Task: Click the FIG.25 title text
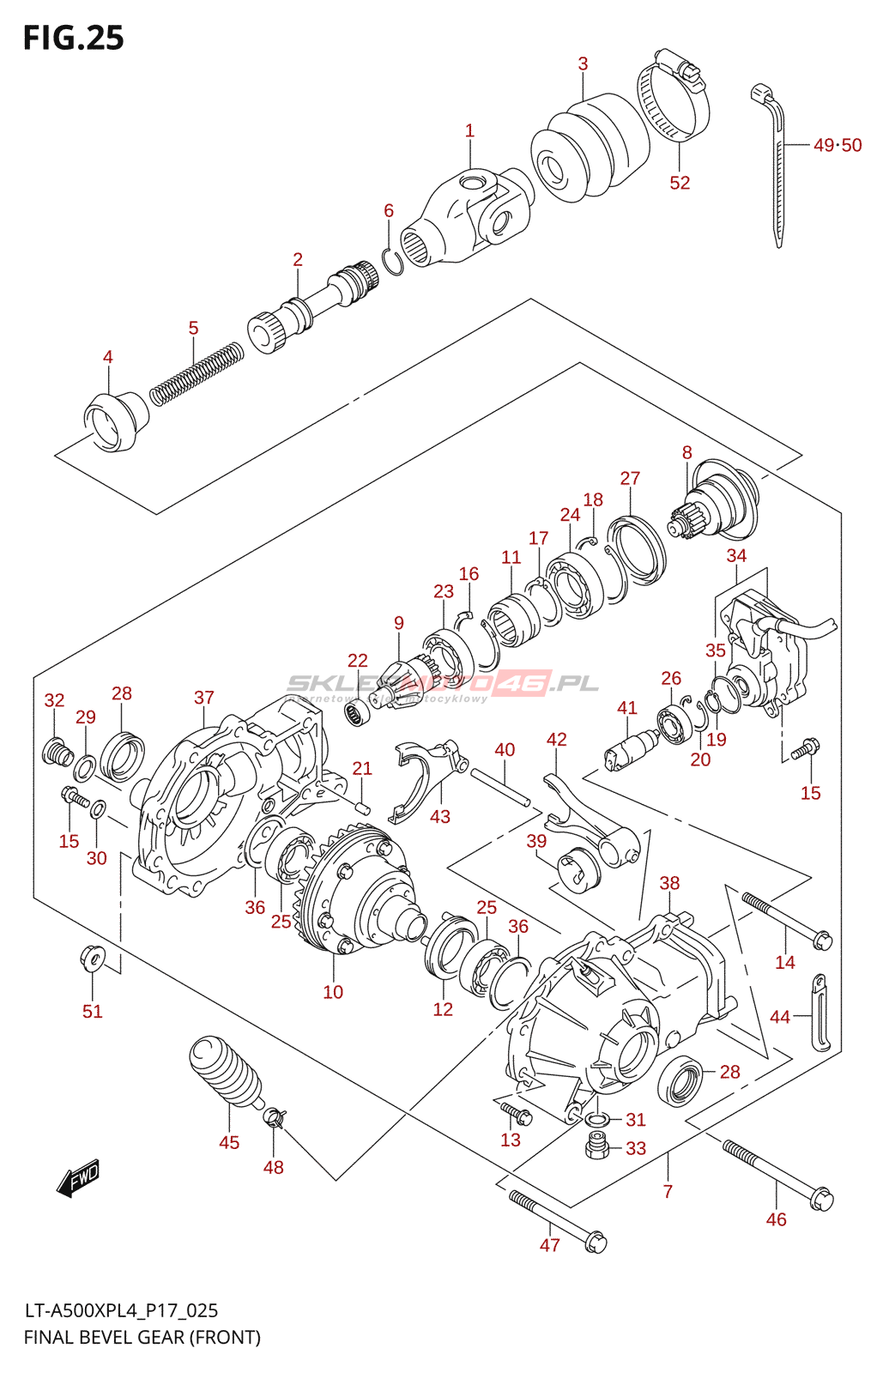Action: [74, 39]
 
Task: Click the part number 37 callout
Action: [203, 698]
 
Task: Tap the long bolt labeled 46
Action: [777, 1172]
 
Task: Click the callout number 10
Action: [333, 992]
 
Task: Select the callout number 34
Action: [736, 556]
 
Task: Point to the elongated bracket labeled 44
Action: [820, 1013]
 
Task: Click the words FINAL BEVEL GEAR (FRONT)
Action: [142, 1337]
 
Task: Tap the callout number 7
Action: [668, 1191]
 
